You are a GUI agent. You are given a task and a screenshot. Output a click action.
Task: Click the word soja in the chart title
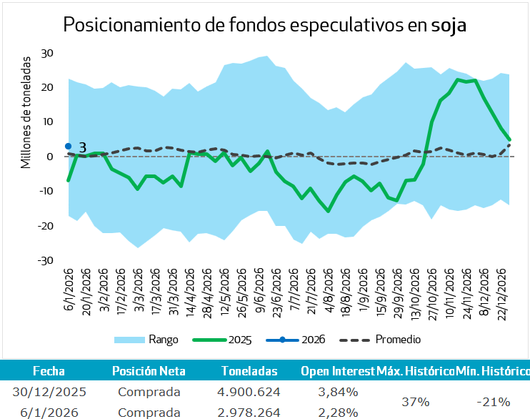point(449,26)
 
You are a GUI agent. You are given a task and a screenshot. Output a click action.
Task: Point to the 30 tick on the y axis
point(48,53)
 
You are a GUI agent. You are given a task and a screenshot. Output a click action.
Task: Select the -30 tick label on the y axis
point(46,261)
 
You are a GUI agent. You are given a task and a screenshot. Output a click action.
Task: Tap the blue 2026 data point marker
point(69,146)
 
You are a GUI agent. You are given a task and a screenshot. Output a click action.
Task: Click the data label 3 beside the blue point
point(82,147)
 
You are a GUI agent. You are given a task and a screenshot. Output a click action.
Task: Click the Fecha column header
point(49,371)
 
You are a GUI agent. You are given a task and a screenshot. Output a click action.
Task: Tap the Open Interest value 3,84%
point(336,392)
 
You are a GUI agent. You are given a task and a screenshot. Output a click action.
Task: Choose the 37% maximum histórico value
point(414,402)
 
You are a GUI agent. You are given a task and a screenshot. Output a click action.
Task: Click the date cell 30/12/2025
point(49,392)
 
